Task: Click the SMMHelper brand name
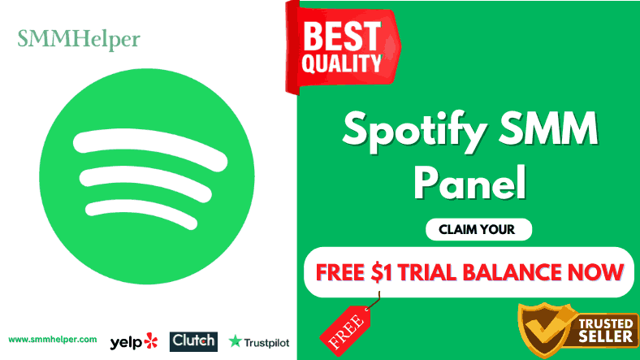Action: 79,40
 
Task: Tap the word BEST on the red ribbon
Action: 342,36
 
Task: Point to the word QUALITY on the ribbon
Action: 342,63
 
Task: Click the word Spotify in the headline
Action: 414,129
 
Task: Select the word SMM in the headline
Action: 548,128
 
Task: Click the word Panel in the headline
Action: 469,182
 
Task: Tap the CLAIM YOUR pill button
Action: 478,229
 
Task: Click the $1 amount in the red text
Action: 382,273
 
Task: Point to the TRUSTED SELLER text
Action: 606,330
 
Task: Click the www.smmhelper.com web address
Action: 53,340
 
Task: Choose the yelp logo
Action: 133,341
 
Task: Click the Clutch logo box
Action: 193,341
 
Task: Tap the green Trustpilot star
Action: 235,341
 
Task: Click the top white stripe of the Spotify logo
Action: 150,149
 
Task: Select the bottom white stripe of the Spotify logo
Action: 141,214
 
